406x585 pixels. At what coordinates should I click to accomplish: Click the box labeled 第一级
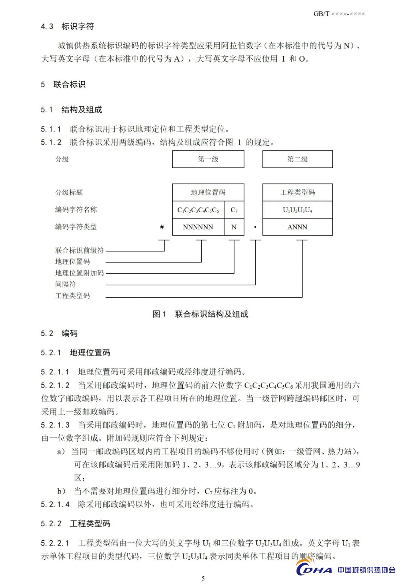[x=208, y=159]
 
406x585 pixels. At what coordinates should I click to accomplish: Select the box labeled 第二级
[x=297, y=159]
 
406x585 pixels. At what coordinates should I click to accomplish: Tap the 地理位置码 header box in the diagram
[x=208, y=192]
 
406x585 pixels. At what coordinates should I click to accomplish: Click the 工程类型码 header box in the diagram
[x=297, y=192]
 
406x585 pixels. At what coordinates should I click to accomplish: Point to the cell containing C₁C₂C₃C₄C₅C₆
[x=198, y=210]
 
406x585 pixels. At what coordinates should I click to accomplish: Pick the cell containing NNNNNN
[x=198, y=227]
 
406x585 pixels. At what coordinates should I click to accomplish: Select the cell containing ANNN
[x=297, y=227]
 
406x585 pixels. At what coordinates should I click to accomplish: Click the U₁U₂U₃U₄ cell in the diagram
[x=297, y=210]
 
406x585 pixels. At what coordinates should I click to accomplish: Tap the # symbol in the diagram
[x=162, y=227]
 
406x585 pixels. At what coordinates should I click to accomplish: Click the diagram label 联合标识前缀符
[x=79, y=250]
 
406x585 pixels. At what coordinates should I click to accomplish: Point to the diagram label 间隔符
[x=65, y=284]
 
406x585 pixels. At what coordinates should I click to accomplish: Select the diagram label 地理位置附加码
[x=79, y=273]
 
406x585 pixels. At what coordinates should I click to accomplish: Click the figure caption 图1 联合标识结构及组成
[x=200, y=314]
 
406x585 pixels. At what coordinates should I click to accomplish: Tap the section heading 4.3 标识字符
[x=68, y=26]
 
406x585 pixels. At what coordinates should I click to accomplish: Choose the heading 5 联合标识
[x=63, y=84]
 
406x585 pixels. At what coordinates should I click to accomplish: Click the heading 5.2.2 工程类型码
[x=76, y=523]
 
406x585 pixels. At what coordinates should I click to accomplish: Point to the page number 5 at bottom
[x=203, y=578]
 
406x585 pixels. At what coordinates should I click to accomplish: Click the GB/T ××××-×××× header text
[x=339, y=14]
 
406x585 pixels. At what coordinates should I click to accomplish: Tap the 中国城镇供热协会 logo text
[x=366, y=570]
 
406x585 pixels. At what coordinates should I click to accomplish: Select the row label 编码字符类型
[x=76, y=227]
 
